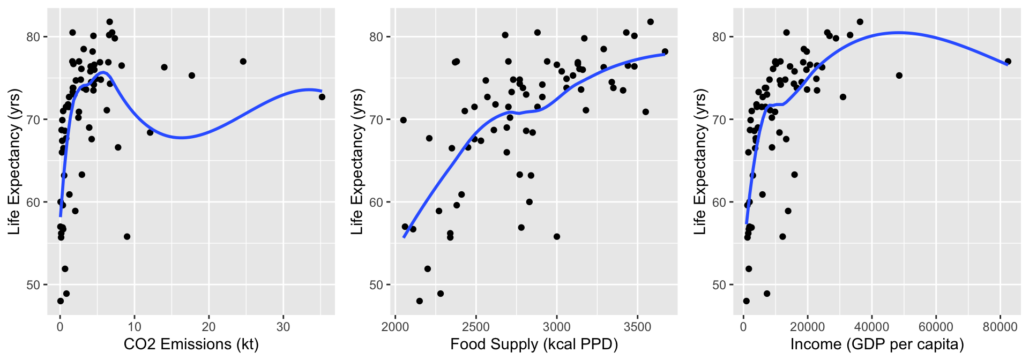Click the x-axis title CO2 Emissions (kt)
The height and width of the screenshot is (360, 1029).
point(191,344)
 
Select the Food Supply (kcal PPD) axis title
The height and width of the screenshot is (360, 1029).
point(534,344)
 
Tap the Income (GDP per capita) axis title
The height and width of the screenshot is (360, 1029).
point(877,344)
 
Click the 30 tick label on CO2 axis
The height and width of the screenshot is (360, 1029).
point(283,327)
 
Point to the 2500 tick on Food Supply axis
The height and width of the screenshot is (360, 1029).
point(476,327)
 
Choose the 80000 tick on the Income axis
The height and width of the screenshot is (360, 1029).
point(1000,327)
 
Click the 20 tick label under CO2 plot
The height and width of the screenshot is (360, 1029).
point(208,327)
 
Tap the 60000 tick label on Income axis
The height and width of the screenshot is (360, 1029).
point(936,327)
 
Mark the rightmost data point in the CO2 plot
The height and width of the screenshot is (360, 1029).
point(322,97)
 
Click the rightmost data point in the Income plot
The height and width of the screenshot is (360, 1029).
point(1008,62)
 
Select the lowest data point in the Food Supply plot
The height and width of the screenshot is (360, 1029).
point(419,301)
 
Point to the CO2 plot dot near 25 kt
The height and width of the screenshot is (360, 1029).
point(243,62)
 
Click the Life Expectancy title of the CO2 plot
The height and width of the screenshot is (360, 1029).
point(14,162)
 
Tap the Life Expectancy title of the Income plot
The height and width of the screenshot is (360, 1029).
point(700,162)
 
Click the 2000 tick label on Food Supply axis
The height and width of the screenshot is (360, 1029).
point(395,327)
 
